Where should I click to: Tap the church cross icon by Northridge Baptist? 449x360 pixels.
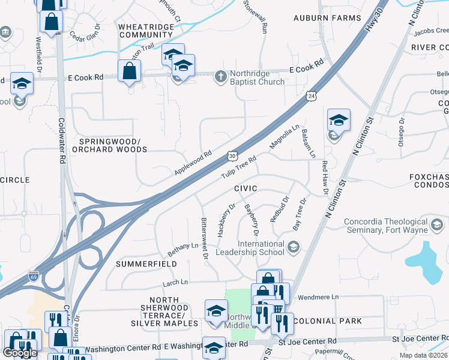pos(221,75)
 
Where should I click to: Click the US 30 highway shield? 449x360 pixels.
pos(232,156)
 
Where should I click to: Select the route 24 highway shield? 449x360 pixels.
pos(310,95)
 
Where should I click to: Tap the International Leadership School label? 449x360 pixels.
pos(261,248)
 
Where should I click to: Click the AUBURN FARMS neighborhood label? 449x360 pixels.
pos(327,18)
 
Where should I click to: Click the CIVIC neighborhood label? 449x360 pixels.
pos(246,188)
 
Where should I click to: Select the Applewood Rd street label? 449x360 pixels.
pos(193,163)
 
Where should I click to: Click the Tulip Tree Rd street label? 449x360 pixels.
pos(238,167)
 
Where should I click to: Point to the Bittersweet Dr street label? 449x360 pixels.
pos(204,238)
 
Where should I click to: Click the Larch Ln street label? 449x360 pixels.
pos(175,282)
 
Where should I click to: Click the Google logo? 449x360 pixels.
pos(20,353)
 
